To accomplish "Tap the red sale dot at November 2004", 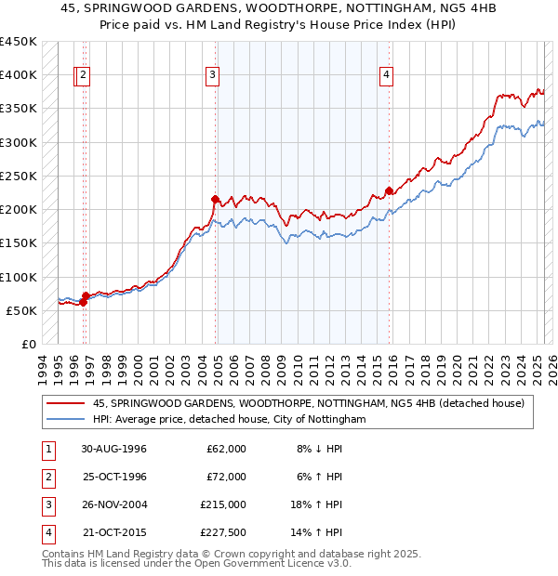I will point(215,199).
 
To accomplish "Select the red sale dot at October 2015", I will point(389,190).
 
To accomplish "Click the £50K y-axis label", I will point(21,310).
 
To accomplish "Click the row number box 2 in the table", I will point(47,477).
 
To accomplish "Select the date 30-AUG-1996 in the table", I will point(114,449).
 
